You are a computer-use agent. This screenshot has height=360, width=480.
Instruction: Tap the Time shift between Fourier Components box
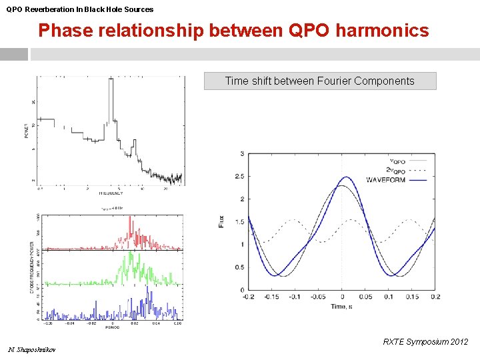(x=319, y=81)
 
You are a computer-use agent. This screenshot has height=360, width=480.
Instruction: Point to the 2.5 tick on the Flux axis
(x=239, y=177)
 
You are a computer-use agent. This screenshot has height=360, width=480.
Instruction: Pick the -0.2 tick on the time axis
(x=249, y=297)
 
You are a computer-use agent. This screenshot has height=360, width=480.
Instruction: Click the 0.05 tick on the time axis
(x=365, y=297)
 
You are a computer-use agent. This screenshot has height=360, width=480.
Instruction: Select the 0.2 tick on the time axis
(x=435, y=297)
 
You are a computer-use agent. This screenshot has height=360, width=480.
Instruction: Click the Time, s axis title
(x=341, y=306)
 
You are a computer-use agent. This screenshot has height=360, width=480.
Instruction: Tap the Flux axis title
(x=221, y=222)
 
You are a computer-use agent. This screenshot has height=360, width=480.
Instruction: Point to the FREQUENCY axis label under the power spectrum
(x=111, y=193)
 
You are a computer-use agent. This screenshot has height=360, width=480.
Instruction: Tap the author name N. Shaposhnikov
(x=32, y=350)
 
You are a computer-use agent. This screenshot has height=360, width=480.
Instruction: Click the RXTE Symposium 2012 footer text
(x=425, y=342)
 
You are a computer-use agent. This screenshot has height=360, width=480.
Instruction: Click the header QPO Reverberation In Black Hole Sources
(x=80, y=9)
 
